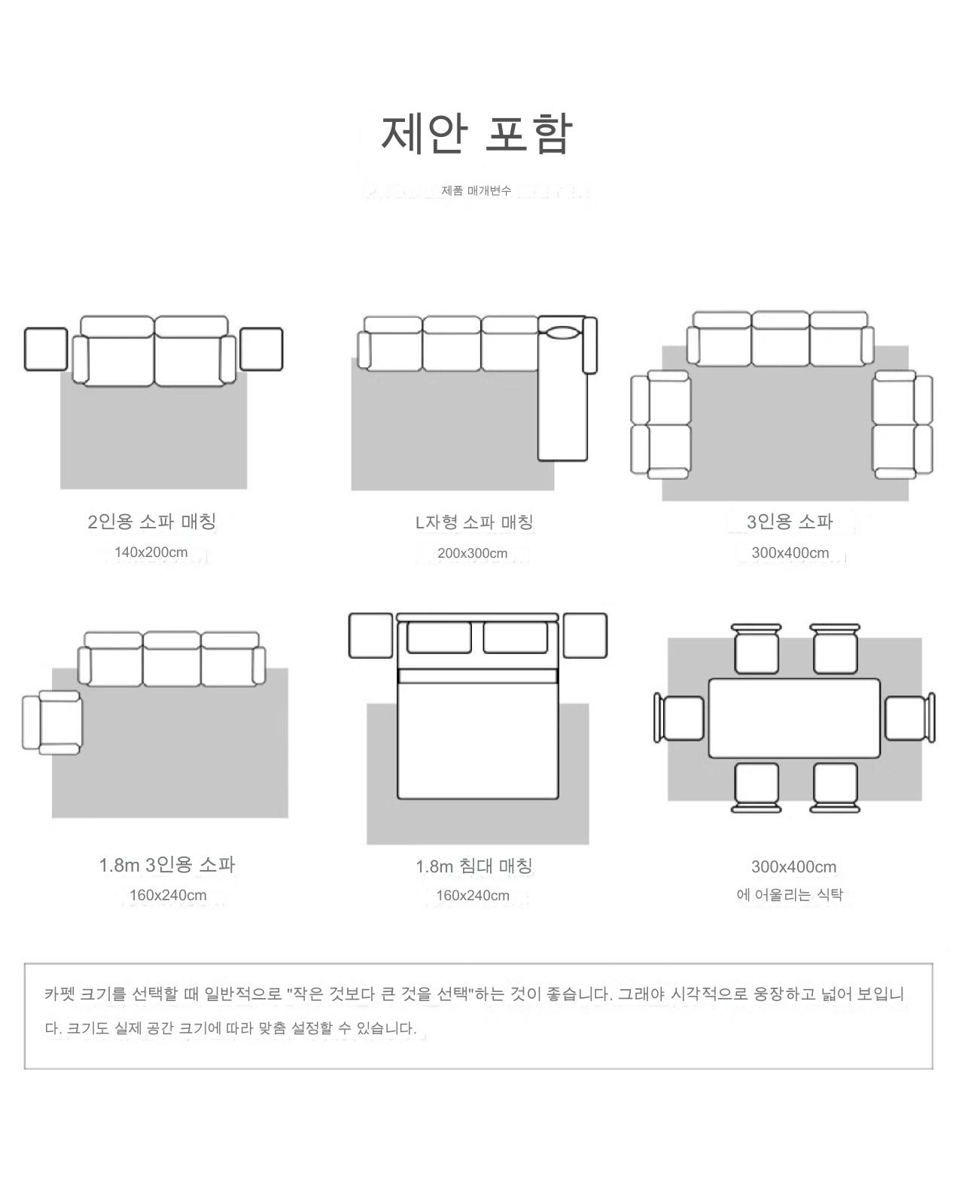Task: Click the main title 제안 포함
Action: click(476, 134)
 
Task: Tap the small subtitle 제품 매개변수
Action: click(476, 190)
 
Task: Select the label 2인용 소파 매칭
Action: click(152, 521)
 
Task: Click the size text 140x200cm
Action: click(151, 552)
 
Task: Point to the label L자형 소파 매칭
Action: click(475, 522)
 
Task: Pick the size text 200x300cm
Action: click(473, 553)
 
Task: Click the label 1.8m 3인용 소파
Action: click(167, 865)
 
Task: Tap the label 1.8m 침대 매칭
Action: click(474, 866)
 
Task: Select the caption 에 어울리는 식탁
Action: click(790, 895)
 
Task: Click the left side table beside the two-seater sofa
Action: click(46, 349)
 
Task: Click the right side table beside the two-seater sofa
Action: click(261, 349)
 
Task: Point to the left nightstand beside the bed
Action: click(370, 635)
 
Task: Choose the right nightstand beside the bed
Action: click(585, 635)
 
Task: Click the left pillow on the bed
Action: click(439, 638)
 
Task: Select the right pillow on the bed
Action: click(515, 638)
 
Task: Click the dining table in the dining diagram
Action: click(794, 718)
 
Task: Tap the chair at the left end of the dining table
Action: click(681, 718)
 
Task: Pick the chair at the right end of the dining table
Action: click(908, 718)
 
